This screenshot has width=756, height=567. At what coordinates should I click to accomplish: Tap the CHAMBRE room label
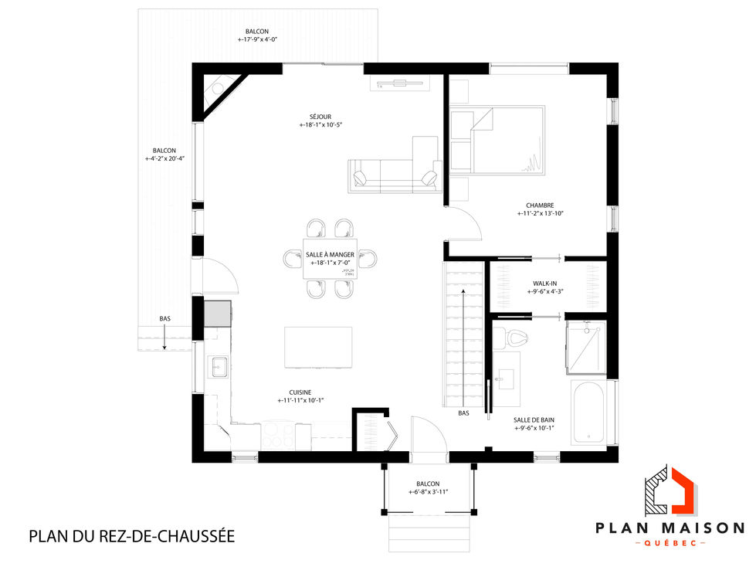coord(540,205)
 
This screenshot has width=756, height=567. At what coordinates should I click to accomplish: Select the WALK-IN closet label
coord(544,283)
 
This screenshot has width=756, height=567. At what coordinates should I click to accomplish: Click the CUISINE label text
coord(300,391)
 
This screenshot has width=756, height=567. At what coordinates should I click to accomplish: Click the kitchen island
coord(318,348)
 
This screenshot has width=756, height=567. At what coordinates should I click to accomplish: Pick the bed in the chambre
coord(498,139)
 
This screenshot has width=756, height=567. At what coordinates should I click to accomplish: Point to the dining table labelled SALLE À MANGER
coord(330,258)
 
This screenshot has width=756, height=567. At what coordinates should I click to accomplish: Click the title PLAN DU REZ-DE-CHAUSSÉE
coord(131,535)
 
